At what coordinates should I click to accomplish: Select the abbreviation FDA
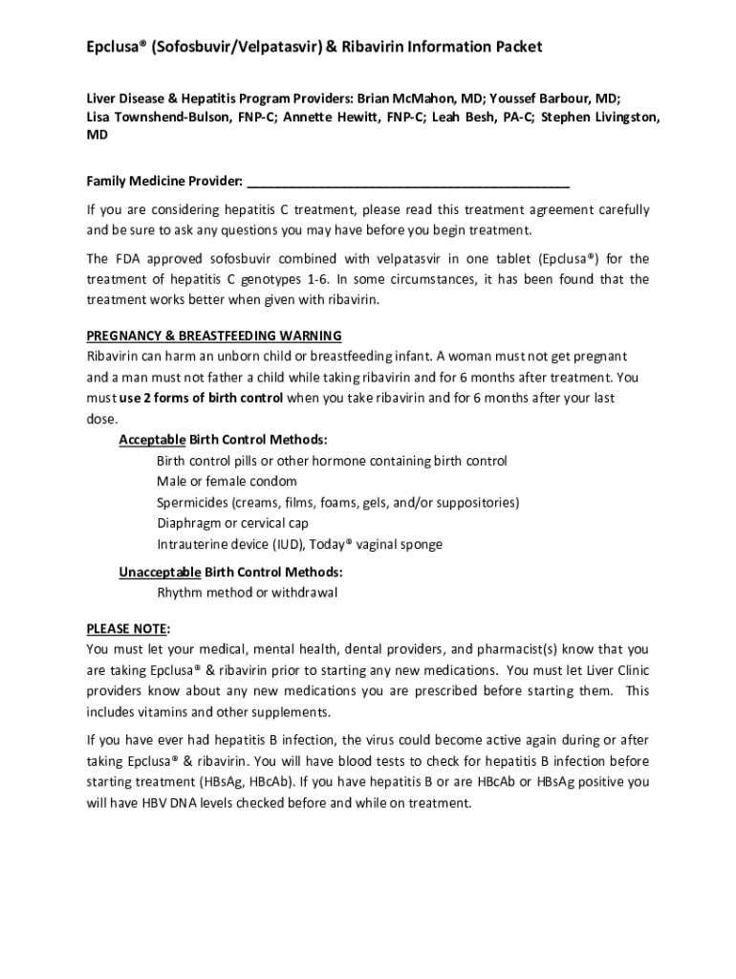click(x=127, y=259)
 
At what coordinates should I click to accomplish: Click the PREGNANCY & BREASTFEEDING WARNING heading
click(x=214, y=336)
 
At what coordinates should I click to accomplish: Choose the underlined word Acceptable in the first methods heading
click(x=152, y=440)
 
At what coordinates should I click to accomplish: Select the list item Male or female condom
click(x=227, y=482)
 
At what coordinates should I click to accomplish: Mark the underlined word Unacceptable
click(x=160, y=573)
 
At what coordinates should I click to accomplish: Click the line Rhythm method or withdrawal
click(x=248, y=593)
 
